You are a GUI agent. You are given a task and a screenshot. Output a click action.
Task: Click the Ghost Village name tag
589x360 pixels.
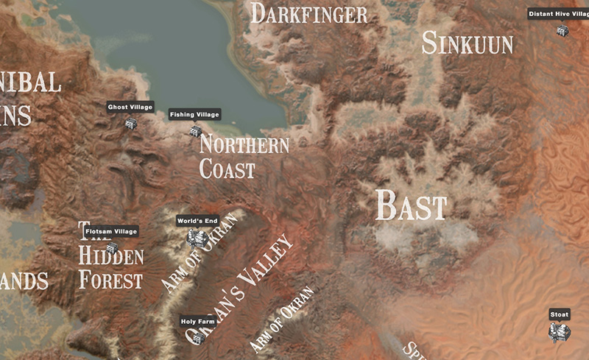point(130,107)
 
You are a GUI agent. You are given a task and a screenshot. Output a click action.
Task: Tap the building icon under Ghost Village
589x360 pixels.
point(130,124)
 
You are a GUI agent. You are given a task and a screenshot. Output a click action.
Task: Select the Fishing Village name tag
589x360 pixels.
point(194,114)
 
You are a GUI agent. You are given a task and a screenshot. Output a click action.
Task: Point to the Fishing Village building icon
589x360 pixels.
point(195,131)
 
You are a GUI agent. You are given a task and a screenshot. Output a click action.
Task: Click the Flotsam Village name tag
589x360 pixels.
point(111,232)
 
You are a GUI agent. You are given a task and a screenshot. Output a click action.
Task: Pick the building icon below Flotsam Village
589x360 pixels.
point(111,248)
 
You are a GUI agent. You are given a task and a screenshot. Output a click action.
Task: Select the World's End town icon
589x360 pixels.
point(195,238)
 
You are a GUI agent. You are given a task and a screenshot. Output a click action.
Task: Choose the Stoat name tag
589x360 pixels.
point(560,314)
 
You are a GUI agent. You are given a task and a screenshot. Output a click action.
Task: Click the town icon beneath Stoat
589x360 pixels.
point(560,333)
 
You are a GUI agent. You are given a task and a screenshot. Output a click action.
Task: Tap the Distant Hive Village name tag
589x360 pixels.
point(559,13)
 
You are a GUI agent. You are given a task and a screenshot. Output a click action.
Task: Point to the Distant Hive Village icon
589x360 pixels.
point(562,30)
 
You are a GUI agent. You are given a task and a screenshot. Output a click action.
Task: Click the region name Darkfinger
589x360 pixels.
point(308,13)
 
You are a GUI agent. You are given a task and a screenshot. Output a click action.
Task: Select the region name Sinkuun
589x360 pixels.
point(467,43)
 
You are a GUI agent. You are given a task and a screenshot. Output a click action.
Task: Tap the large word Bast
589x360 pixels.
point(411,205)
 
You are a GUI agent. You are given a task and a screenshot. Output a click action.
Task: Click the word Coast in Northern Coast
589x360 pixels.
point(228,169)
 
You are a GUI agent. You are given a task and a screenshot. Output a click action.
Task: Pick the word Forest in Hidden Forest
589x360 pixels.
point(110,280)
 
